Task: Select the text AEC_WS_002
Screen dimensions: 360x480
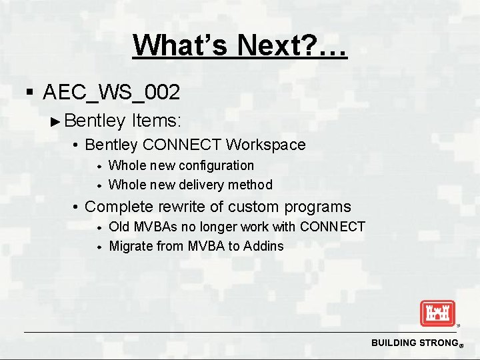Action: (x=111, y=93)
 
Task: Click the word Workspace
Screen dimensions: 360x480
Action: (x=266, y=145)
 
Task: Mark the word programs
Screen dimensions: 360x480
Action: (x=317, y=207)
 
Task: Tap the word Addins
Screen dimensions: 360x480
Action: (x=263, y=246)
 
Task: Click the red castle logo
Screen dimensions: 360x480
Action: (x=437, y=313)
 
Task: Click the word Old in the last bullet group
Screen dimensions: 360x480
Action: (x=119, y=227)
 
